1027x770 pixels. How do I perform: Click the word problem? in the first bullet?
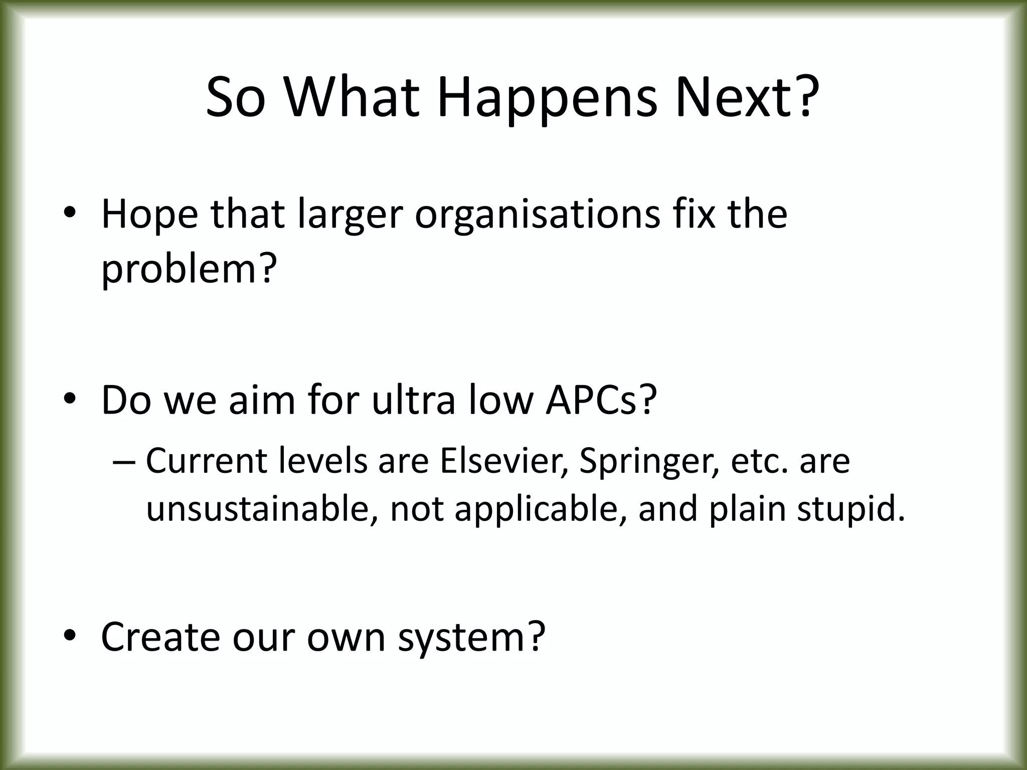pos(189,270)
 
